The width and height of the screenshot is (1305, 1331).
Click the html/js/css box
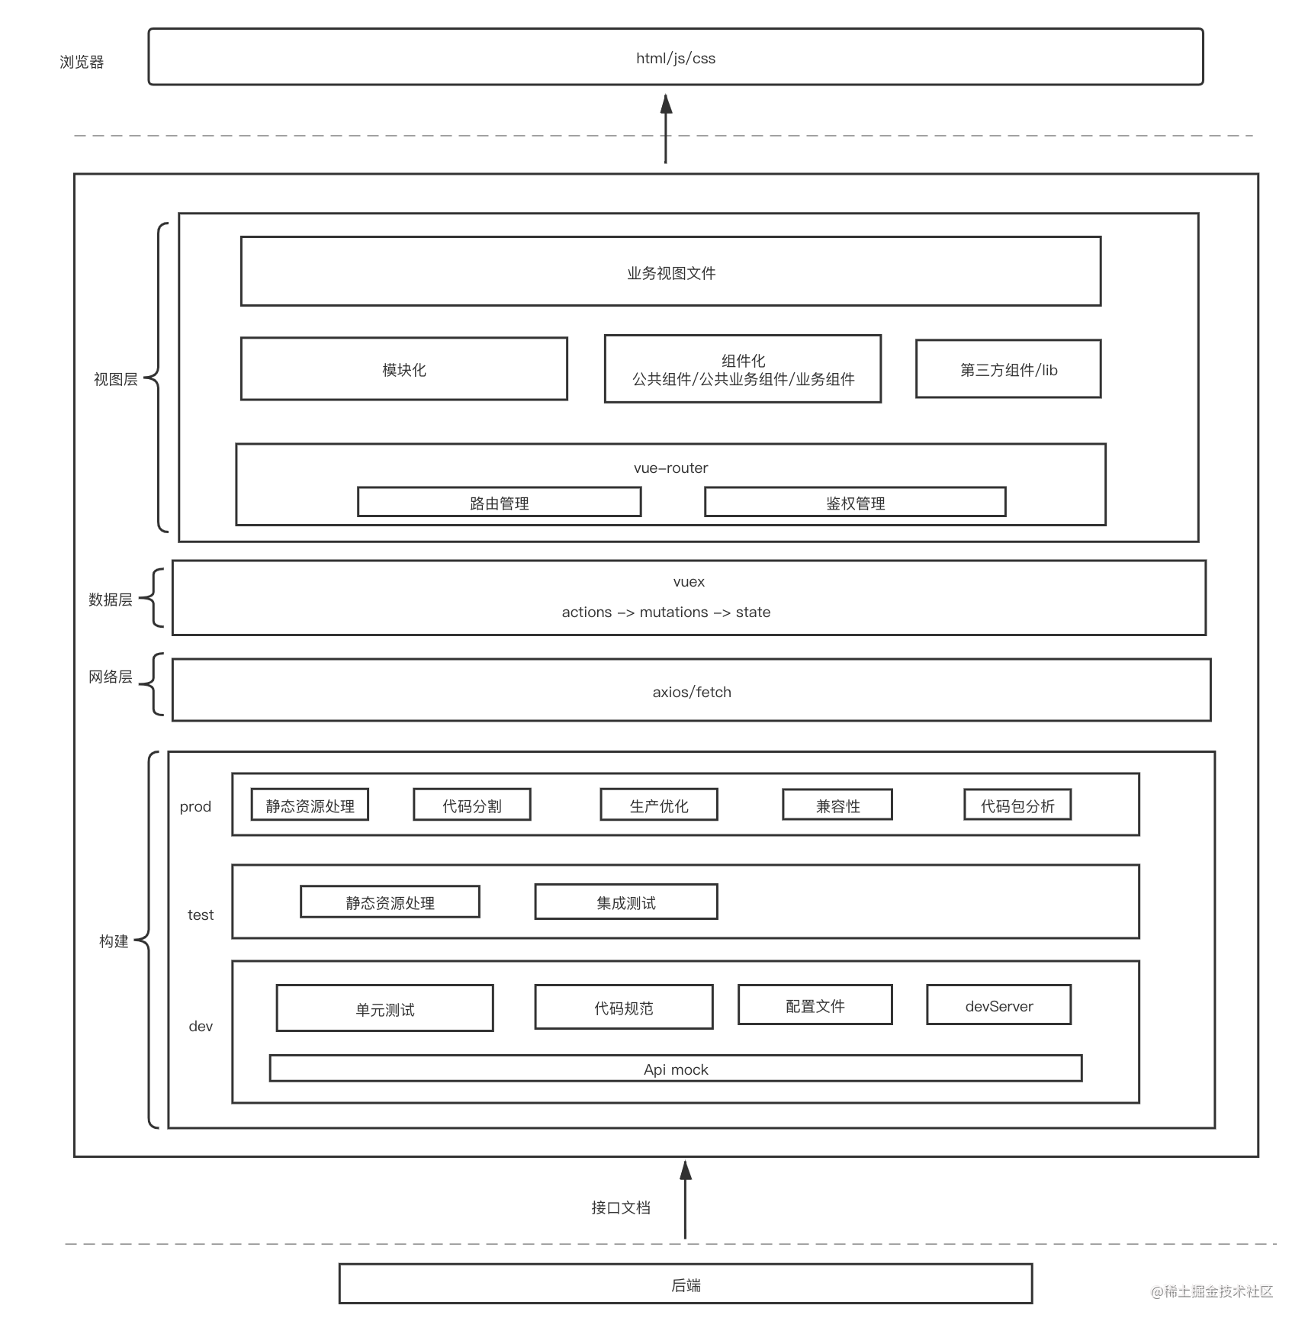click(676, 57)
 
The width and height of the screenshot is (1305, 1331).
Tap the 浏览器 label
click(82, 62)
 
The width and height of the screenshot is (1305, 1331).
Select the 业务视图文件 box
click(671, 272)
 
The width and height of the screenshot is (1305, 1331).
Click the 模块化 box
click(404, 369)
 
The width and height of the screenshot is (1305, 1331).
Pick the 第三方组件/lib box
click(1008, 369)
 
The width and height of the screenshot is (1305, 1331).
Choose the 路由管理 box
click(500, 503)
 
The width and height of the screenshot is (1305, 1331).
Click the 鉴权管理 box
click(856, 503)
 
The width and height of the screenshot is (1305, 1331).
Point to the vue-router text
click(671, 468)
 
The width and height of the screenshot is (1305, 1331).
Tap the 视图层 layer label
click(116, 379)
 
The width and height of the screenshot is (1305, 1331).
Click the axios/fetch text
click(692, 692)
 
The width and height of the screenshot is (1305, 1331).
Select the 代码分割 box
click(472, 805)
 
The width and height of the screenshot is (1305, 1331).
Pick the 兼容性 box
click(837, 805)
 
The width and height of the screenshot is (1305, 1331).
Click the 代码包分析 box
click(1017, 805)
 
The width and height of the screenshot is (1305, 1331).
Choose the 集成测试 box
click(626, 902)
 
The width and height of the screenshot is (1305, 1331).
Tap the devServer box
click(999, 1005)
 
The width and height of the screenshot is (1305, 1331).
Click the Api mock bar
click(676, 1069)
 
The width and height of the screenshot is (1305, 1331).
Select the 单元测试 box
click(385, 1008)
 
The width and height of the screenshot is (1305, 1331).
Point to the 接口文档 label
click(621, 1207)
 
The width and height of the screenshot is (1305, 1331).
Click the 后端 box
click(686, 1284)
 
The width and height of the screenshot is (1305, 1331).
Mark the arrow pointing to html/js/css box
click(666, 129)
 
